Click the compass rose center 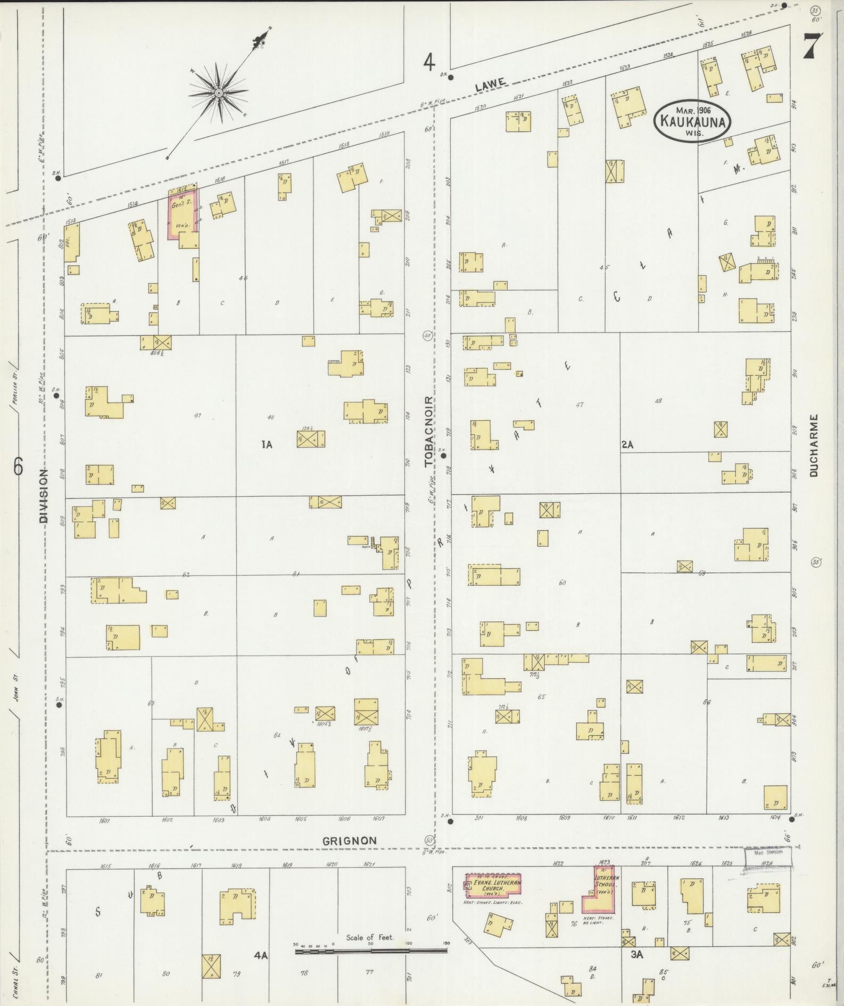(218, 93)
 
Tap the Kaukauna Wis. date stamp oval (692, 121)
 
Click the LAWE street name (489, 84)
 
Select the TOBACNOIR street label (429, 431)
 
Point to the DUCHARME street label (814, 445)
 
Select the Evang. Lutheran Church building (493, 886)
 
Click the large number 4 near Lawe (429, 63)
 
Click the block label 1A (267, 444)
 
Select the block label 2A (627, 444)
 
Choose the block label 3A (636, 954)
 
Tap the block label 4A (260, 955)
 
